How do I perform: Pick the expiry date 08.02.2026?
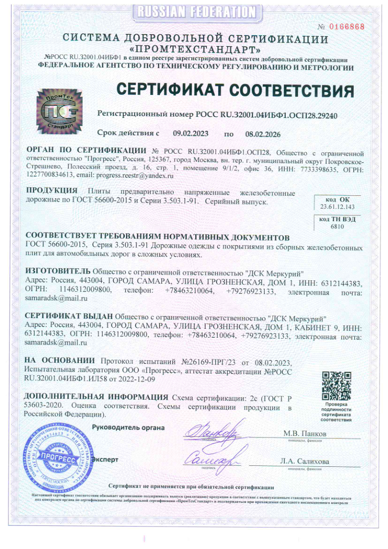coord(263,133)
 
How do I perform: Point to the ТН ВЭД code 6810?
coord(338,227)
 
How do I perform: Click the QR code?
coord(336,386)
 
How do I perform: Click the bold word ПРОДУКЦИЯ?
coord(52,190)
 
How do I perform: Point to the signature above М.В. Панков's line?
coord(212,431)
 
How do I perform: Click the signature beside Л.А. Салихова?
coord(211,457)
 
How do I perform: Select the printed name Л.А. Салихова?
coord(304,461)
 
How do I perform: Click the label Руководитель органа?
coord(129,427)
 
